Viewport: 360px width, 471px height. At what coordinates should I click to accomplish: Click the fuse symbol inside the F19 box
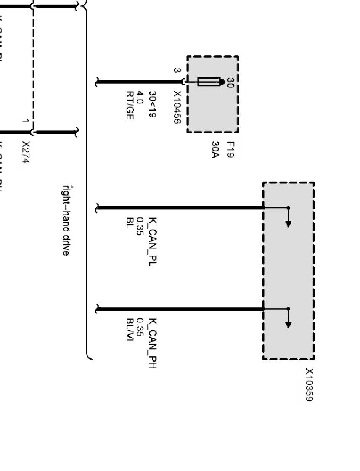coord(209,82)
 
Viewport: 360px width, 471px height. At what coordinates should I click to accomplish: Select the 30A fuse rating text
coord(215,150)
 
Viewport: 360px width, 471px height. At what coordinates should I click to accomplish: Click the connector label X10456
coord(177,107)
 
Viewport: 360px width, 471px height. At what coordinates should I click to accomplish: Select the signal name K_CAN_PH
coord(153,344)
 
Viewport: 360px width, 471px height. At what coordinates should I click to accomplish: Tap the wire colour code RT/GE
coord(130,105)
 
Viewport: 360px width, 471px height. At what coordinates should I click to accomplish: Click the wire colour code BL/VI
coord(130,330)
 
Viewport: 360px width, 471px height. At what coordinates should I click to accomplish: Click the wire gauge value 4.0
coord(140,97)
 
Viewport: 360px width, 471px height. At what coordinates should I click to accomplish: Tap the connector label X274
coord(26,152)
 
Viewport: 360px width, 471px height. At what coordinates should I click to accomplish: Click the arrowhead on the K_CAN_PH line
coord(288,325)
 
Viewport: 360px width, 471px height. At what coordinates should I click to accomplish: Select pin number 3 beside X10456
coord(176,71)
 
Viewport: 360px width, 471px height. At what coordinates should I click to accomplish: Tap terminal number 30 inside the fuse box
coord(230,83)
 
